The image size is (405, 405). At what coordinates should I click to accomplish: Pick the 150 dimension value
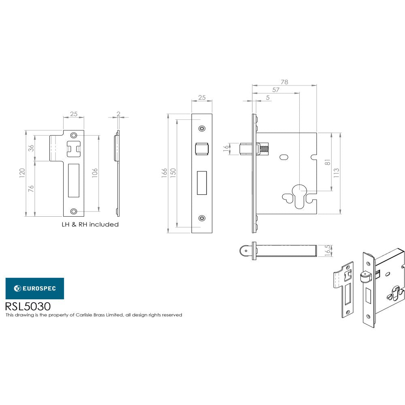173,173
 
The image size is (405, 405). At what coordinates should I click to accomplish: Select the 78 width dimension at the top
284,82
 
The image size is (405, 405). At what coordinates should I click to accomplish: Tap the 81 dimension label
328,162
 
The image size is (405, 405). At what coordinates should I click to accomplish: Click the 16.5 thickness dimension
328,250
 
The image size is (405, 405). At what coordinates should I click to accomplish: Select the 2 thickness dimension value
118,114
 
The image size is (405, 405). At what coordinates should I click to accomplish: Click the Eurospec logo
34,288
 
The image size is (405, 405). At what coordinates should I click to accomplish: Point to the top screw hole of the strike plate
73,135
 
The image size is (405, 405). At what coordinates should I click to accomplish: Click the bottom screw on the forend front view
202,218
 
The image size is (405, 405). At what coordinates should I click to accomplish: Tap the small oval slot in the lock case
284,156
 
